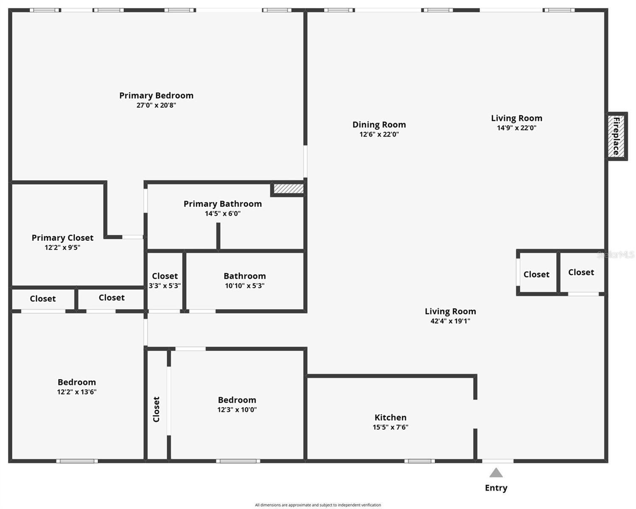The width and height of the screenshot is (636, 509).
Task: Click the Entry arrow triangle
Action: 496,473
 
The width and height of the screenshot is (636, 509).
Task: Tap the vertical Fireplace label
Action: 616,136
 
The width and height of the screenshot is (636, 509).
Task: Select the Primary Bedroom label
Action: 156,95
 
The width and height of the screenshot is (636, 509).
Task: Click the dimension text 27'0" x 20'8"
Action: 156,105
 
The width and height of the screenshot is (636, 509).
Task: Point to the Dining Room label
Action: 379,125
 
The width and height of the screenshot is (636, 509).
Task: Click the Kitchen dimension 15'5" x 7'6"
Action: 390,427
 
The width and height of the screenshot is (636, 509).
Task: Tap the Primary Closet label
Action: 62,238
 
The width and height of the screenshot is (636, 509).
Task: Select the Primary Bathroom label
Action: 222,204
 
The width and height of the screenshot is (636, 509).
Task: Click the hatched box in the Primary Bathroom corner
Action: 289,188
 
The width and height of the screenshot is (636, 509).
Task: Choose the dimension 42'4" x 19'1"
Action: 450,321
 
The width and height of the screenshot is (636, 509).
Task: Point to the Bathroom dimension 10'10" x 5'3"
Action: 244,286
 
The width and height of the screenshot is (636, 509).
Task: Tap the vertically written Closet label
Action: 156,409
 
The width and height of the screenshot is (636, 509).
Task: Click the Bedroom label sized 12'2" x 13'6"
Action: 76,382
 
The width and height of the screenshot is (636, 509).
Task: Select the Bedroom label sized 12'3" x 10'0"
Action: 237,400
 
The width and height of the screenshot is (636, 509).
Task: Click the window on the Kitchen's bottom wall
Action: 419,461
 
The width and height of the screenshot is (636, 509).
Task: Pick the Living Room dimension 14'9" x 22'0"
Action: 516,128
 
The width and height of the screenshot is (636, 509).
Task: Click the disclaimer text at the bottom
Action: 318,505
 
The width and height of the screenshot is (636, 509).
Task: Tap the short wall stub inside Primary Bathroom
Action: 218,236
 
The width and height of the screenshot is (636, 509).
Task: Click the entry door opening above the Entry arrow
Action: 497,461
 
